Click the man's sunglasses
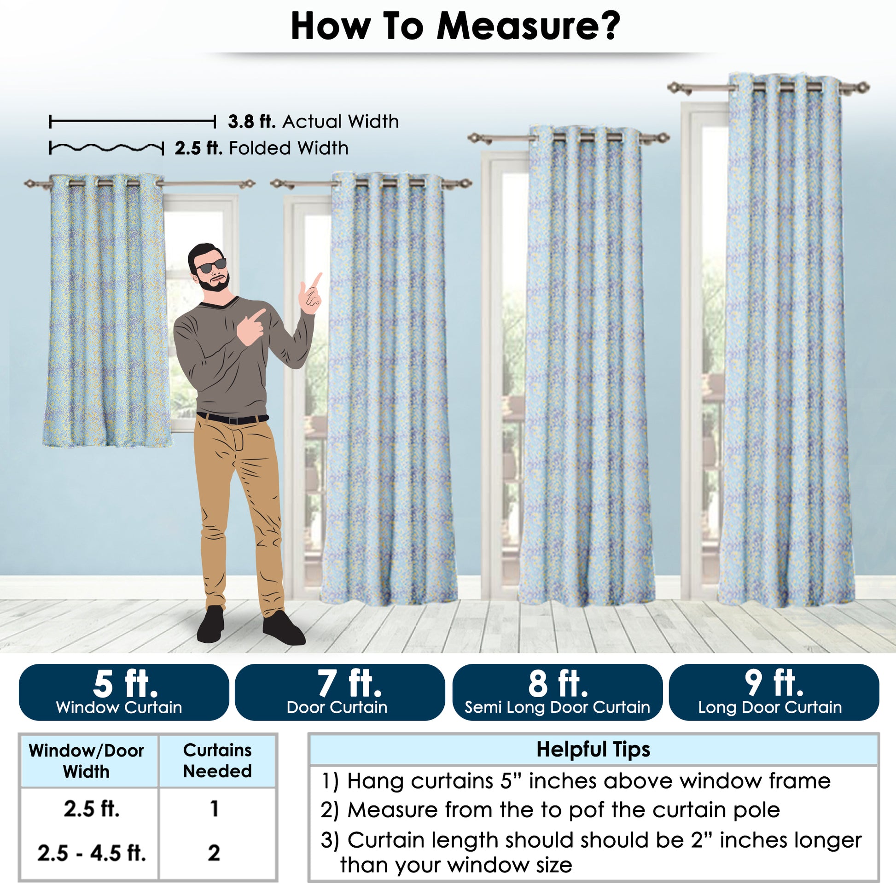(211, 266)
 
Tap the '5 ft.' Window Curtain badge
(124, 692)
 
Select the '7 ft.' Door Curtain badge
(340, 692)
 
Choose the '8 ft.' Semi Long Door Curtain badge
(557, 692)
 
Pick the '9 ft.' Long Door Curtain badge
(774, 692)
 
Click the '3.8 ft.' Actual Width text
(313, 122)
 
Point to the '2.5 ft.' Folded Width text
(261, 148)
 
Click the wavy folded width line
(106, 148)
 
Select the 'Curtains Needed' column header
(217, 761)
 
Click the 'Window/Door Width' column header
(86, 761)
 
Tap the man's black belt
(233, 419)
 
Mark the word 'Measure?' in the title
(528, 26)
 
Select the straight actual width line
(132, 122)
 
